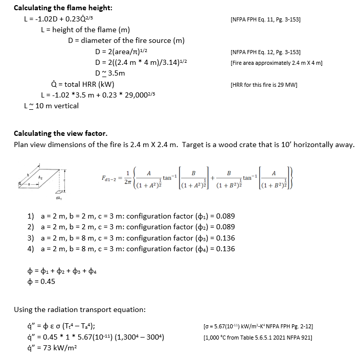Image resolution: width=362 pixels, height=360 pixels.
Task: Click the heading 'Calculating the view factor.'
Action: click(60, 134)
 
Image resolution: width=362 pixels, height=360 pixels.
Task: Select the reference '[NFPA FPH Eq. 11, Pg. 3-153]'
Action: click(265, 20)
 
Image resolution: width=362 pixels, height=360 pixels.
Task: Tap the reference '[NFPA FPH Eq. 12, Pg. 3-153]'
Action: click(265, 53)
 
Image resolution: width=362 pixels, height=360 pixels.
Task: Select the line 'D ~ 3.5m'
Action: click(110, 74)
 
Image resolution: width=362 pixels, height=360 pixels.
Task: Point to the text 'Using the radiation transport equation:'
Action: click(79, 309)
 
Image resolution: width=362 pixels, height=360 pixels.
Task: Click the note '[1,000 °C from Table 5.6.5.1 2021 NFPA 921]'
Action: click(258, 337)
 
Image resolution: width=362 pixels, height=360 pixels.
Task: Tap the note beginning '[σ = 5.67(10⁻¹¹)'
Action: click(258, 326)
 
